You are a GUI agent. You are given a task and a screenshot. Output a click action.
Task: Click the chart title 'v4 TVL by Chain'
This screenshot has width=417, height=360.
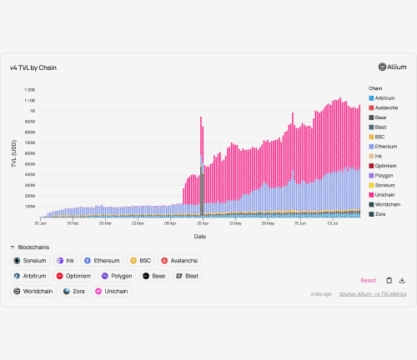33,67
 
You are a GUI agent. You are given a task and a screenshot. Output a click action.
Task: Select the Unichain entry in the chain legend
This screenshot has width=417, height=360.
386,194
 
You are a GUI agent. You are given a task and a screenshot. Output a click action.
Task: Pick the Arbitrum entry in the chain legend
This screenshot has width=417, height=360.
385,98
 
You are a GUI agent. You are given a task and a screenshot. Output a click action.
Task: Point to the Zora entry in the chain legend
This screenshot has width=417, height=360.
380,214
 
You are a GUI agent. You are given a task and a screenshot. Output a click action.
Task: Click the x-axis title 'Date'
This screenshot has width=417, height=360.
200,236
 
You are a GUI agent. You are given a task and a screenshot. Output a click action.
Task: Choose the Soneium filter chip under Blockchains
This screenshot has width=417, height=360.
30,261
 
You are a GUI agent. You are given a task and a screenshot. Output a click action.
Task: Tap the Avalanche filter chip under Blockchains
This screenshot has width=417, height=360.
179,261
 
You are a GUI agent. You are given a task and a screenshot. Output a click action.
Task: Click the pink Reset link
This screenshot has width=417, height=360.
368,281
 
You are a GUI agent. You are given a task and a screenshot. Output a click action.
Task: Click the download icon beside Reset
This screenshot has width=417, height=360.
402,281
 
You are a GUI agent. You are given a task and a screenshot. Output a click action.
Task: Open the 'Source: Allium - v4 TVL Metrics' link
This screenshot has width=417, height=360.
374,294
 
